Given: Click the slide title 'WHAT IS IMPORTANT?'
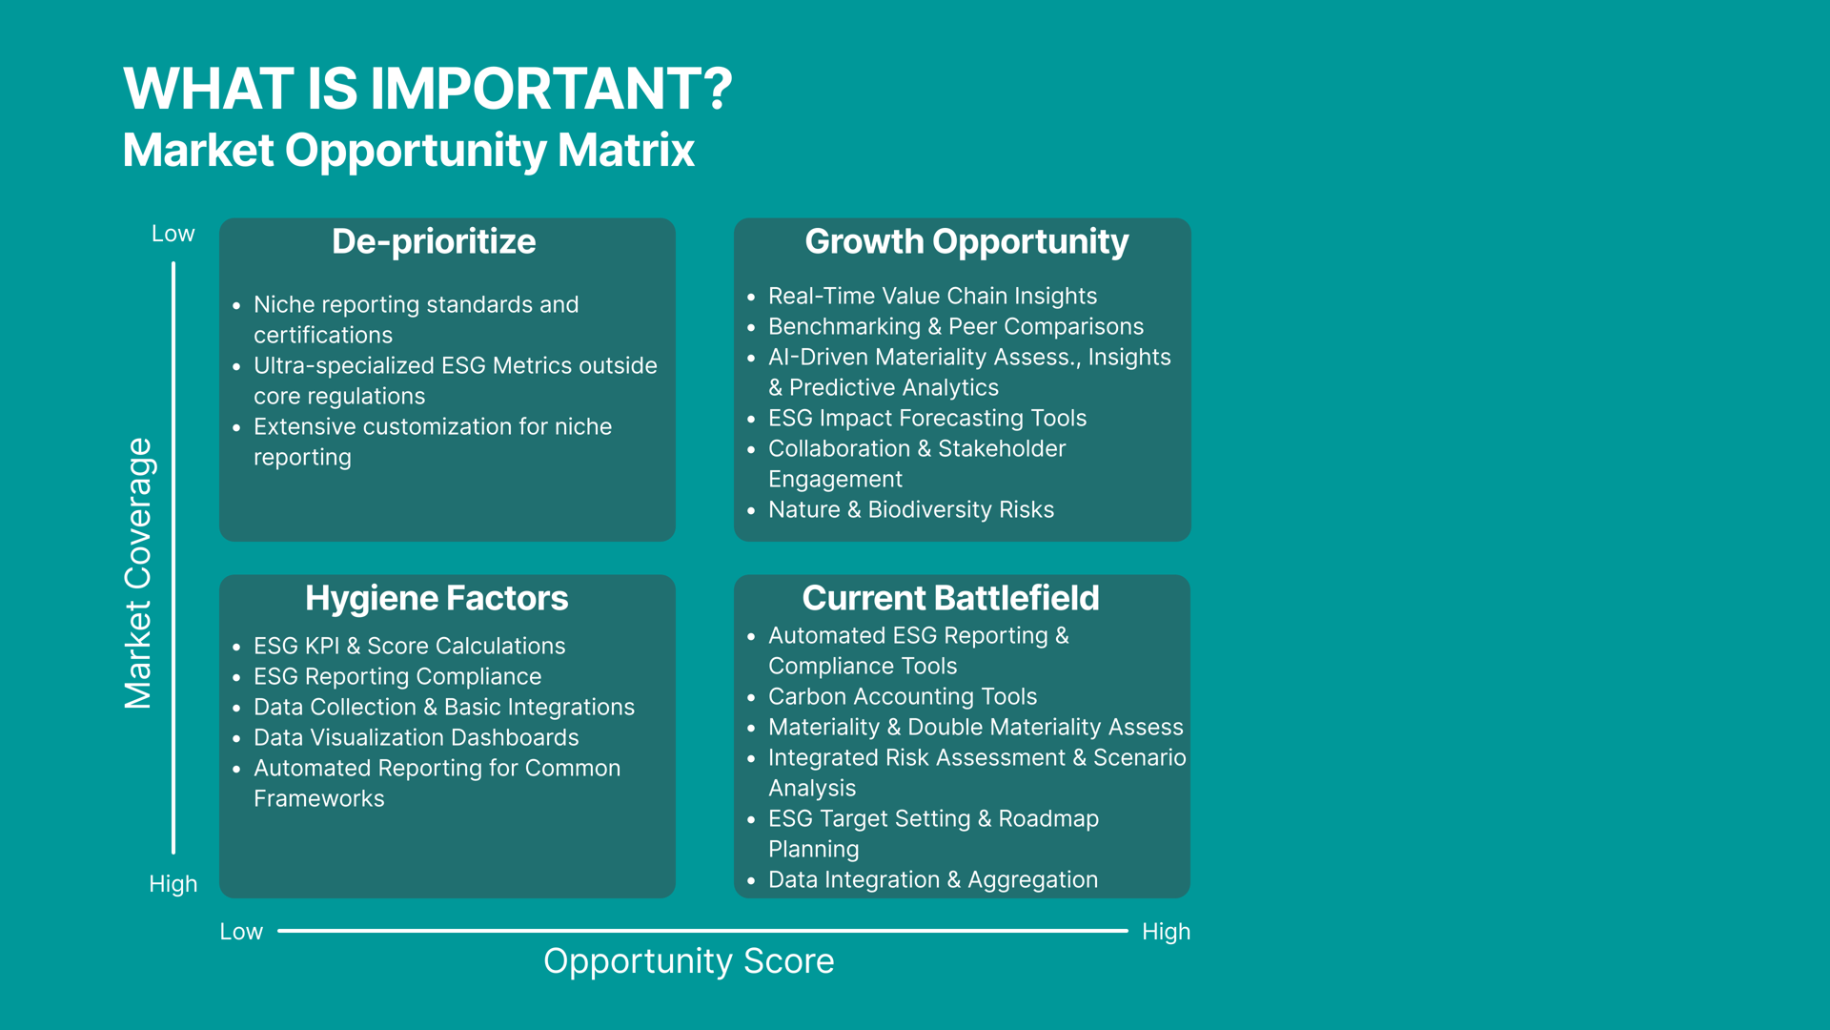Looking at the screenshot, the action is pos(428,88).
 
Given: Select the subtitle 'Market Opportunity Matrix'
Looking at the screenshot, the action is pos(409,151).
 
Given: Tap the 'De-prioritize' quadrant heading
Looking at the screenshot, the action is pos(434,242).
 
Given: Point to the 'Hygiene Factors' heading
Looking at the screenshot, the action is pos(437,599).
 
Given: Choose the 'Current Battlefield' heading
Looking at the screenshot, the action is pos(950,598).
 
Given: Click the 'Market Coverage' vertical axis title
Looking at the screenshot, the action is pos(139,573).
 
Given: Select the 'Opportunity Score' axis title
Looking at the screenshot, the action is pos(688,961).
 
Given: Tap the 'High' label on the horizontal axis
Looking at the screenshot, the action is pos(1166,932).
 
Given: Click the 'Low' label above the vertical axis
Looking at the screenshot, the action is pos(173,234).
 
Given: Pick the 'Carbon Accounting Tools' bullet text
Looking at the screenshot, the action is pos(903,697).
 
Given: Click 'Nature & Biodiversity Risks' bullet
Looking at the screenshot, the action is pos(911,510).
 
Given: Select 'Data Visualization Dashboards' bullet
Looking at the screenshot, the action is pos(416,738).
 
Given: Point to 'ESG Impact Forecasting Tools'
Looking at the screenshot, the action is pos(927,419).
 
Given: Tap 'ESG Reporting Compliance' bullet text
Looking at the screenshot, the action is pos(397,677).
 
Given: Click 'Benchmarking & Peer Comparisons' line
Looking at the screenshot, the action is pos(956,327).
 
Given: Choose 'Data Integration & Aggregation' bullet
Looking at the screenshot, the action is pos(933,880).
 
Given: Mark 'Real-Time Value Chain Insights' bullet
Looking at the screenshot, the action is pos(932,297).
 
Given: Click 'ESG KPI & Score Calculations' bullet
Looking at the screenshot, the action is pos(409,647).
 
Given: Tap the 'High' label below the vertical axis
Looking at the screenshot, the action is pos(173,884).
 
